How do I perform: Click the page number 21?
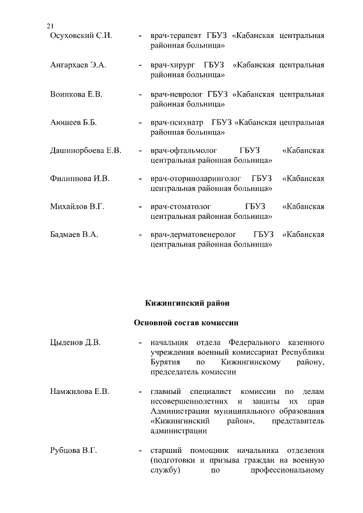(50, 26)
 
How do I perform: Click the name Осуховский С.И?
(81, 36)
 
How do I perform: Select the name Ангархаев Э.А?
(78, 65)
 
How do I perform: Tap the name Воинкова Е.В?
(77, 94)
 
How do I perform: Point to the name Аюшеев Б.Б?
(74, 122)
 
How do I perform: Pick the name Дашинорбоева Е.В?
(86, 150)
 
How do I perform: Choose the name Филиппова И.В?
(79, 179)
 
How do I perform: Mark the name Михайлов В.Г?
(77, 207)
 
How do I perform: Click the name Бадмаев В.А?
(75, 235)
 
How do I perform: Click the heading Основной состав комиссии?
(186, 323)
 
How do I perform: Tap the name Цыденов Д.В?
(75, 343)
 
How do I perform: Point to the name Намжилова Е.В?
(79, 391)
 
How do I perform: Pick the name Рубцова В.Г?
(74, 451)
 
